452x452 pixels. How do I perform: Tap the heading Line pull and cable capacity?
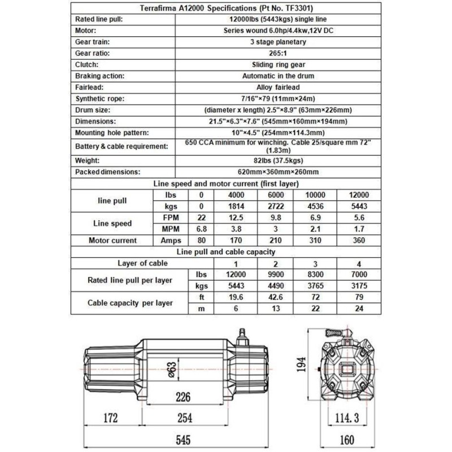[x=226, y=251]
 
